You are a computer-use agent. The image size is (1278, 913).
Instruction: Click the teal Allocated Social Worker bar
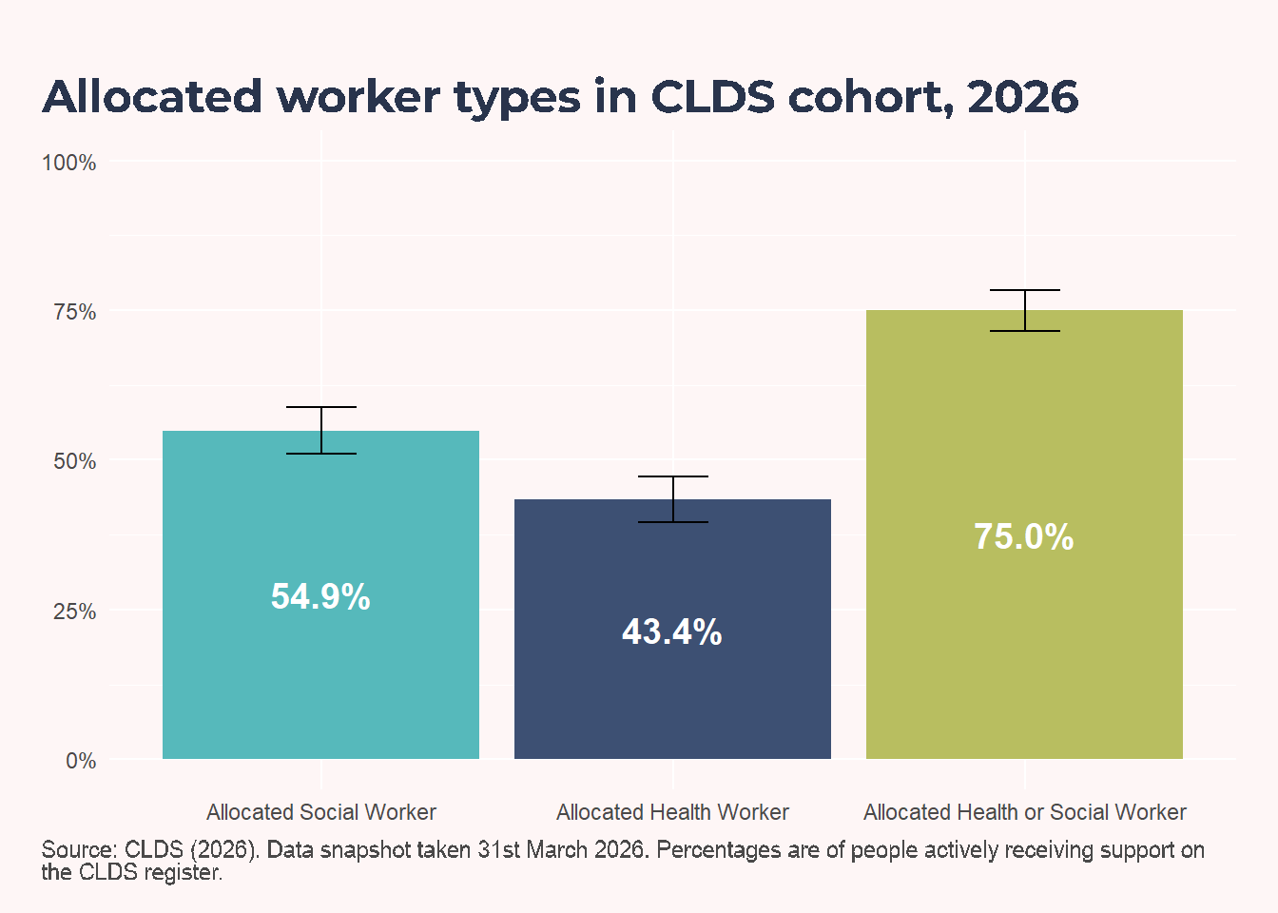coord(320,594)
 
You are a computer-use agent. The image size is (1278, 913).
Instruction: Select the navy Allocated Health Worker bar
coord(672,629)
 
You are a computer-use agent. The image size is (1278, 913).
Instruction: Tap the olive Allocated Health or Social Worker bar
coord(1025,534)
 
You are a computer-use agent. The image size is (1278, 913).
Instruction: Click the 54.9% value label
coord(320,597)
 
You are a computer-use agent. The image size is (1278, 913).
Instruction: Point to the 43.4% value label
coord(672,632)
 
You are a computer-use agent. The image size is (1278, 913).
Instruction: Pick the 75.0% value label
coord(1024,537)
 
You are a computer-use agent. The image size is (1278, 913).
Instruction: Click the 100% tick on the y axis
coord(69,163)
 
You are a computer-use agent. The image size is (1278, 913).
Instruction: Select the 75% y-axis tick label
coord(75,312)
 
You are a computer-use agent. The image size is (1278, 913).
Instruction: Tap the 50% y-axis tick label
coord(75,461)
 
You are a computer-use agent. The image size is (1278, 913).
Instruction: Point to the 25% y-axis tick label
coord(75,612)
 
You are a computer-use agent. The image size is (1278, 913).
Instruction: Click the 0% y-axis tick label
coord(81,761)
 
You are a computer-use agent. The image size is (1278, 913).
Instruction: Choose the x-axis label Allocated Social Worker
coord(321,812)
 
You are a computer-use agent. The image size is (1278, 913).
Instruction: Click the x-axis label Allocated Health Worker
coord(672,812)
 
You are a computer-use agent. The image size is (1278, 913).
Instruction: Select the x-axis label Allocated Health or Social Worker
coord(1025,812)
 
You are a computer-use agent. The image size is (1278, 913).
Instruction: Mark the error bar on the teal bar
coord(321,430)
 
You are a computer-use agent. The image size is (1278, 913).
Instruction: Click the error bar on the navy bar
coord(673,499)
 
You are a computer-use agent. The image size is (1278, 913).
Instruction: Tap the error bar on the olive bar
coord(1025,310)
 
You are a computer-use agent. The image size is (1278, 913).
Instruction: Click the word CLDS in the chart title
coord(712,96)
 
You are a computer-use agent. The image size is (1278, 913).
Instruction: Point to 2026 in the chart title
coord(1023,96)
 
